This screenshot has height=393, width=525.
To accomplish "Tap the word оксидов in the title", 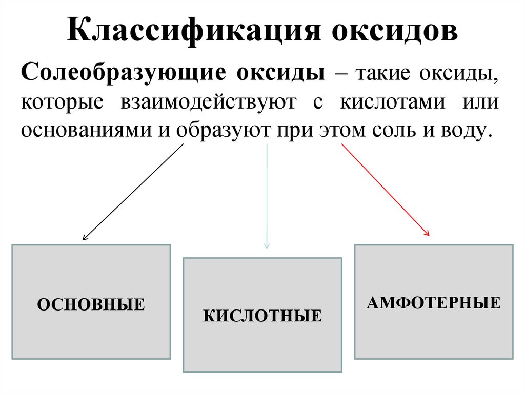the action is pos(395,32).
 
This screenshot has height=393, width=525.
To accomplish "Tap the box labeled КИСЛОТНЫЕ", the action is pos(262,315).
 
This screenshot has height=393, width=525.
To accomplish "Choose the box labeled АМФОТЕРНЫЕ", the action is pos(434,302).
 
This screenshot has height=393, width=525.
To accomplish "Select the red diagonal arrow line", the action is pos(385,190).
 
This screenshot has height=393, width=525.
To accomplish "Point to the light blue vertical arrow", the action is pos(267,195).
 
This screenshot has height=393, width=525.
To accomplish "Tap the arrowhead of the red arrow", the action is pos(427,233).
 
